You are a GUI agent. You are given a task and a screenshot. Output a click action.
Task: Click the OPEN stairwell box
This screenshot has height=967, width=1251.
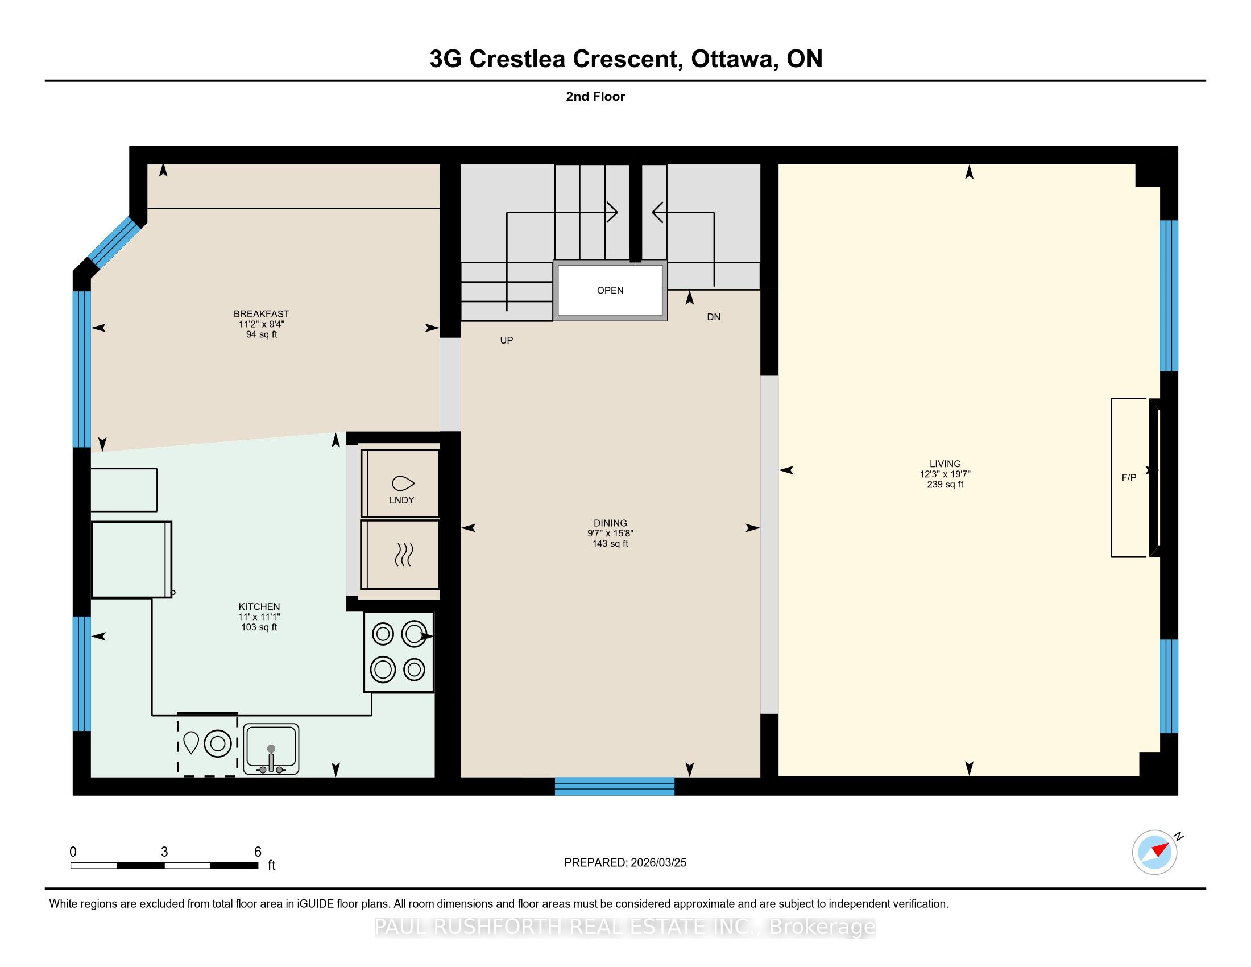610,291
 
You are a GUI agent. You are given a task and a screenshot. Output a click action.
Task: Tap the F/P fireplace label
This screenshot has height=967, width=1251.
1128,477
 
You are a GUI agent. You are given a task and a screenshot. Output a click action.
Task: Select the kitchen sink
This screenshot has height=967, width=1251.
271,749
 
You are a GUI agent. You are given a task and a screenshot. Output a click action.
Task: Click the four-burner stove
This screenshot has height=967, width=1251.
399,652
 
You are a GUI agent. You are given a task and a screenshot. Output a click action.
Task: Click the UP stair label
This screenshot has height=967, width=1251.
506,340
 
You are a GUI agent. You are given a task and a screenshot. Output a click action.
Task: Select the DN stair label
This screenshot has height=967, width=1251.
714,317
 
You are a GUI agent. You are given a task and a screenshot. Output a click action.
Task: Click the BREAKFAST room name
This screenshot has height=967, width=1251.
261,314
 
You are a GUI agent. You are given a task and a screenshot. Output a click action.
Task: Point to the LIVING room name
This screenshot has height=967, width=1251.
945,464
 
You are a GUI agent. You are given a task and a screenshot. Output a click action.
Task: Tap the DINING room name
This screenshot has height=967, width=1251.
610,523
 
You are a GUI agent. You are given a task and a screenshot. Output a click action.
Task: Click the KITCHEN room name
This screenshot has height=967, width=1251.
259,607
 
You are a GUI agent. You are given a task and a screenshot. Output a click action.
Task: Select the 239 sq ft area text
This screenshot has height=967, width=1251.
945,485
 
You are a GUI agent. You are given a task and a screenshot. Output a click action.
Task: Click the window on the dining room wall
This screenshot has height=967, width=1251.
615,786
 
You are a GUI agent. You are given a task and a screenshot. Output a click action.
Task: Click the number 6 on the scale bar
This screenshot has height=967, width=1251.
258,852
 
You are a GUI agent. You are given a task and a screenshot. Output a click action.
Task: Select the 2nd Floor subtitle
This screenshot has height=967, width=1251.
595,97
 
